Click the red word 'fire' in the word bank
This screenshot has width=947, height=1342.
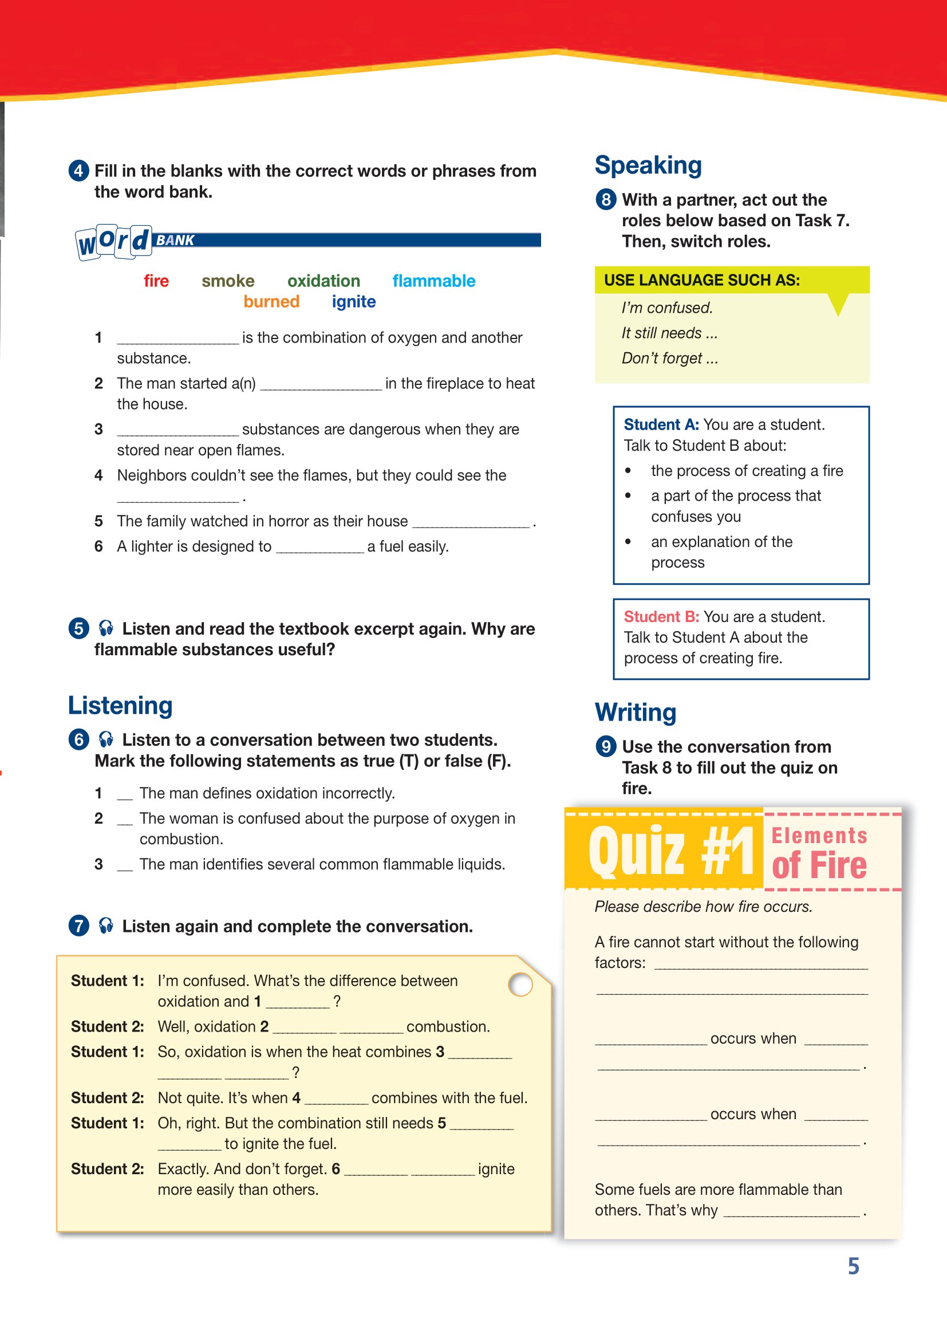pos(156,281)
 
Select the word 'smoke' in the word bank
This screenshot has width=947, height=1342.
pos(228,281)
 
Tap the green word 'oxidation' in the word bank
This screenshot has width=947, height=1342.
pos(323,281)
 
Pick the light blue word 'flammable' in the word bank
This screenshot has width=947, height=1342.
pos(433,281)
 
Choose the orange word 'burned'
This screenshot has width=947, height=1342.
pos(271,302)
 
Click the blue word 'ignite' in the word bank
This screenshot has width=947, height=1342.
pos(353,302)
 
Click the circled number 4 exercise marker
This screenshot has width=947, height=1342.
pos(79,171)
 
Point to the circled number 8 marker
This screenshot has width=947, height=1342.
pos(606,200)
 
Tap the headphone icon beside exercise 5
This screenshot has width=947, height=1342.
pos(106,628)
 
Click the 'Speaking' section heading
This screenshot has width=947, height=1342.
pos(648,166)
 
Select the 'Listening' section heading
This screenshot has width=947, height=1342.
pos(120,706)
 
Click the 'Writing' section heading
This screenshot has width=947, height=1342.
pos(636,713)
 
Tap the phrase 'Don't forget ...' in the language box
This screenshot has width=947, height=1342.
pos(669,359)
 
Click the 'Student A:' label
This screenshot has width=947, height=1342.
pos(661,424)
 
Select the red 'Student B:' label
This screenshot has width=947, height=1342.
pos(661,617)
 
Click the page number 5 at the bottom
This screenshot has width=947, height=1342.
pos(854,1266)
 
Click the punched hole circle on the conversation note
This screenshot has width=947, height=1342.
pos(520,984)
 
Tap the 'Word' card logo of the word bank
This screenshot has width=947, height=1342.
pos(114,241)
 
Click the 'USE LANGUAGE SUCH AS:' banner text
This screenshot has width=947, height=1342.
pos(701,280)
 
